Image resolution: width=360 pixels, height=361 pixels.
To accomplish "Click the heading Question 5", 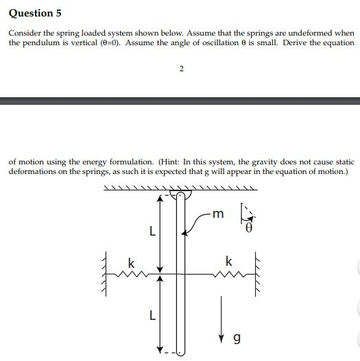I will point(31,13).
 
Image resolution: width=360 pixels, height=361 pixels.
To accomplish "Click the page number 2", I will point(180,68).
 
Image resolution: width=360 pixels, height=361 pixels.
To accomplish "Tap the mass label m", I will point(217,214).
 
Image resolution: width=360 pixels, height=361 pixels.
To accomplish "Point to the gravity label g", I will point(237,338).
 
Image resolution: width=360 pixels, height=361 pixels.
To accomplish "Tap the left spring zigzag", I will point(130,276).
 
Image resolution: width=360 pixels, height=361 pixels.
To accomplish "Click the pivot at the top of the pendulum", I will point(181,195).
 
